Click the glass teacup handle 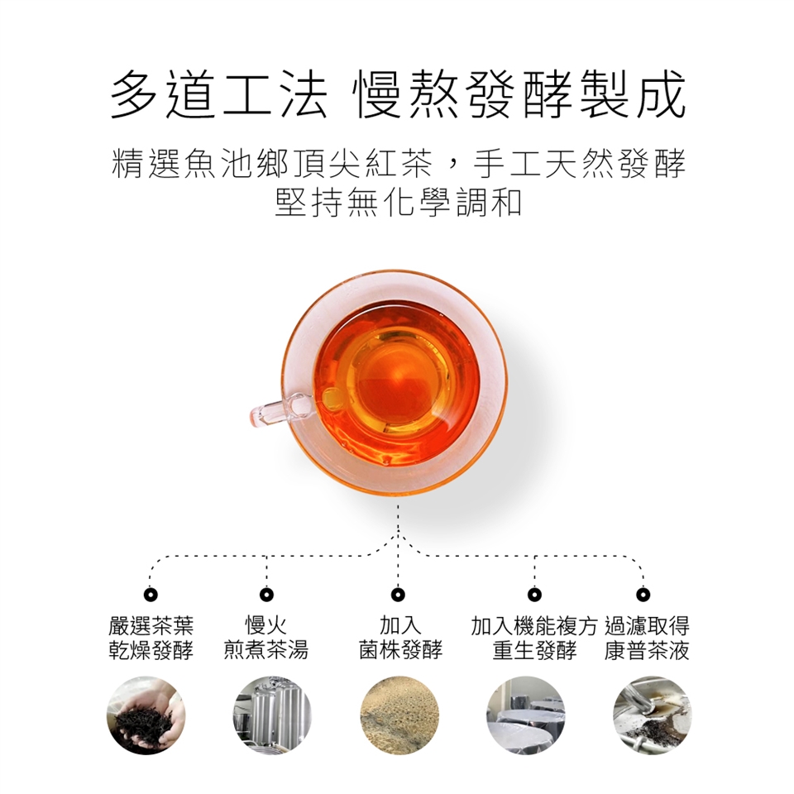(280, 409)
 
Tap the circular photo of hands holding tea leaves (146, 715)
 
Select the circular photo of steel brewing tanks (272, 715)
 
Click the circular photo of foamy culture (399, 715)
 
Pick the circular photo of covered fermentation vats (526, 715)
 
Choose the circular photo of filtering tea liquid (653, 715)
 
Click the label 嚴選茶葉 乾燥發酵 (151, 638)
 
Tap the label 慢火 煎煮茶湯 (265, 638)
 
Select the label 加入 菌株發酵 (400, 638)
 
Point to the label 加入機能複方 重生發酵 (535, 638)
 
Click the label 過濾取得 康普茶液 (647, 638)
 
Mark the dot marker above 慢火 (266, 594)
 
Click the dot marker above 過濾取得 (643, 594)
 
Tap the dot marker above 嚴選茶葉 (151, 594)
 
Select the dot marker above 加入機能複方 (534, 594)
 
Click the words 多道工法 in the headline (218, 94)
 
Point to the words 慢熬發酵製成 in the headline (521, 94)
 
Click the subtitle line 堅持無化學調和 (398, 203)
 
